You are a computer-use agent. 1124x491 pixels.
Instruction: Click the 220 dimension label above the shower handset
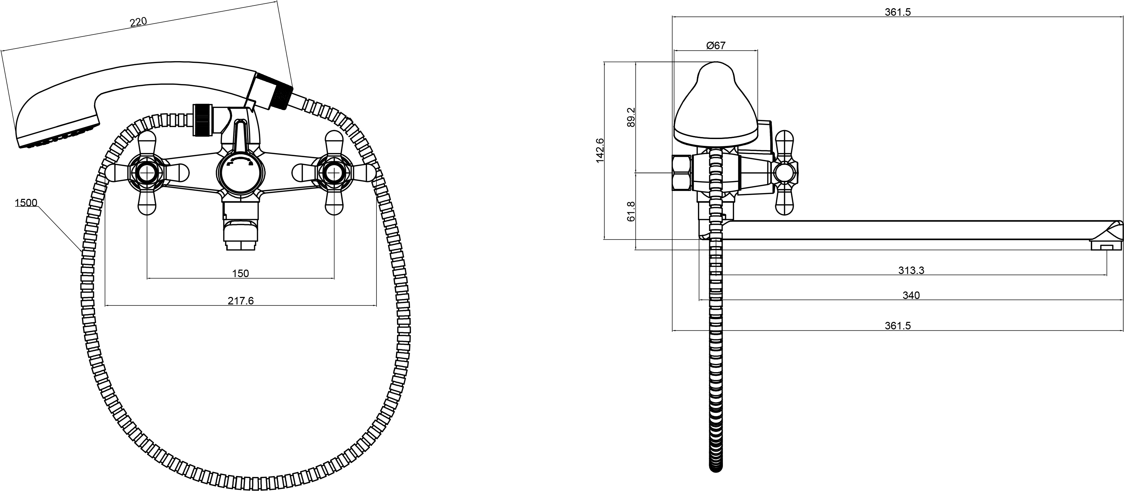(138, 22)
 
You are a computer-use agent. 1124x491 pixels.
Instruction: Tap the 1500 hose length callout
(26, 203)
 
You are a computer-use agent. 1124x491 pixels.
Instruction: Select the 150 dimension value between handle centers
(240, 273)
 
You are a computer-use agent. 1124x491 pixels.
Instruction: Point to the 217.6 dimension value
(240, 300)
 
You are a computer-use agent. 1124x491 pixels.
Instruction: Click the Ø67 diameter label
(716, 45)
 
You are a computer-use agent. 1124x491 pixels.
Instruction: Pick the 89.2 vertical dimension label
(631, 117)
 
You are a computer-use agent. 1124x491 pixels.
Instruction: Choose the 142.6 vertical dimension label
(600, 150)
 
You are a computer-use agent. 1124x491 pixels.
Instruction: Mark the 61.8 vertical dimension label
(631, 212)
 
